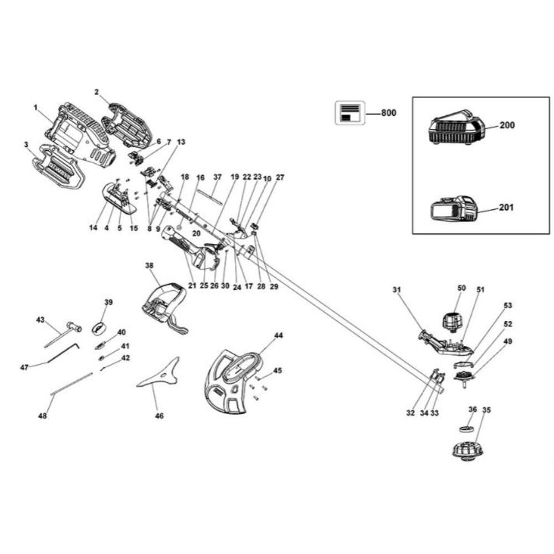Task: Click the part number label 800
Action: tap(389, 113)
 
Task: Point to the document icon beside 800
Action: tap(350, 113)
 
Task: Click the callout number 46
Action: tap(159, 416)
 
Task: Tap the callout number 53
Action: tap(508, 305)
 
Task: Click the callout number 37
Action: tap(217, 177)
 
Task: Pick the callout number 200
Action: tap(507, 125)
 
